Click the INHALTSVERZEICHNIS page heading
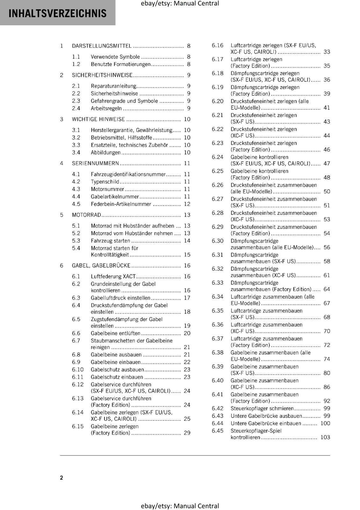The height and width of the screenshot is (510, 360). click(58, 13)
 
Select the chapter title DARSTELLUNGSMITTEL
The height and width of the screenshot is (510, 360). click(102, 46)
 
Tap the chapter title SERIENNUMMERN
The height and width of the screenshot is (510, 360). click(95, 163)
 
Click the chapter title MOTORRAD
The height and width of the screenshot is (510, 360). click(86, 215)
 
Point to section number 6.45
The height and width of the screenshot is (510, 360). click(218, 431)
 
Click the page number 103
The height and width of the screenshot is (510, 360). click(325, 437)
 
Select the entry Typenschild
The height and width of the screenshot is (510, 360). click(105, 182)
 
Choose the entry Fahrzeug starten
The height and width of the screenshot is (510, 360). click(110, 241)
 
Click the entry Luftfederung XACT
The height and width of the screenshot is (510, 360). click(113, 276)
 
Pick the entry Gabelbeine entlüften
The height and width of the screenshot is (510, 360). click(115, 333)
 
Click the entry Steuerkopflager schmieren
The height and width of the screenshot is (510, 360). click(262, 408)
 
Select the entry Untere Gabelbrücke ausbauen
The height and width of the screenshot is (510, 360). click(266, 416)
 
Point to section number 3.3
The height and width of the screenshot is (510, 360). click(76, 145)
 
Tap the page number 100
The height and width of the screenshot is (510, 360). click(325, 423)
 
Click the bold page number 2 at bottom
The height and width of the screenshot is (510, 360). click(61, 477)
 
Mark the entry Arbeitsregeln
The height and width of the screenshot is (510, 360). click(106, 108)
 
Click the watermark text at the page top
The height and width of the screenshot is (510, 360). click(180, 4)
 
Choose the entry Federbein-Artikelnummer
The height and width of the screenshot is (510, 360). click(121, 204)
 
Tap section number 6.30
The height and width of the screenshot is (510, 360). click(218, 241)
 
